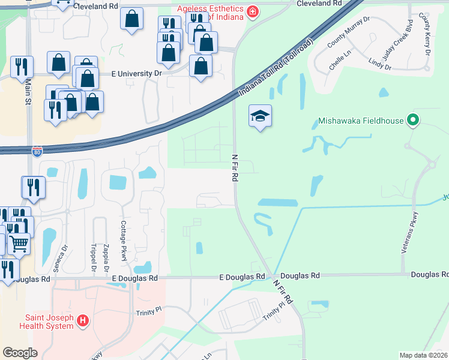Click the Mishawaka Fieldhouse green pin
click(x=412, y=121)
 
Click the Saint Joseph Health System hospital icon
click(x=83, y=322)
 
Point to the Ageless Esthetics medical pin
click(x=252, y=12)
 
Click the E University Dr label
click(x=137, y=73)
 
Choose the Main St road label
click(x=28, y=94)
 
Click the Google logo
click(x=20, y=352)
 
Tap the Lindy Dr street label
click(x=380, y=64)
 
